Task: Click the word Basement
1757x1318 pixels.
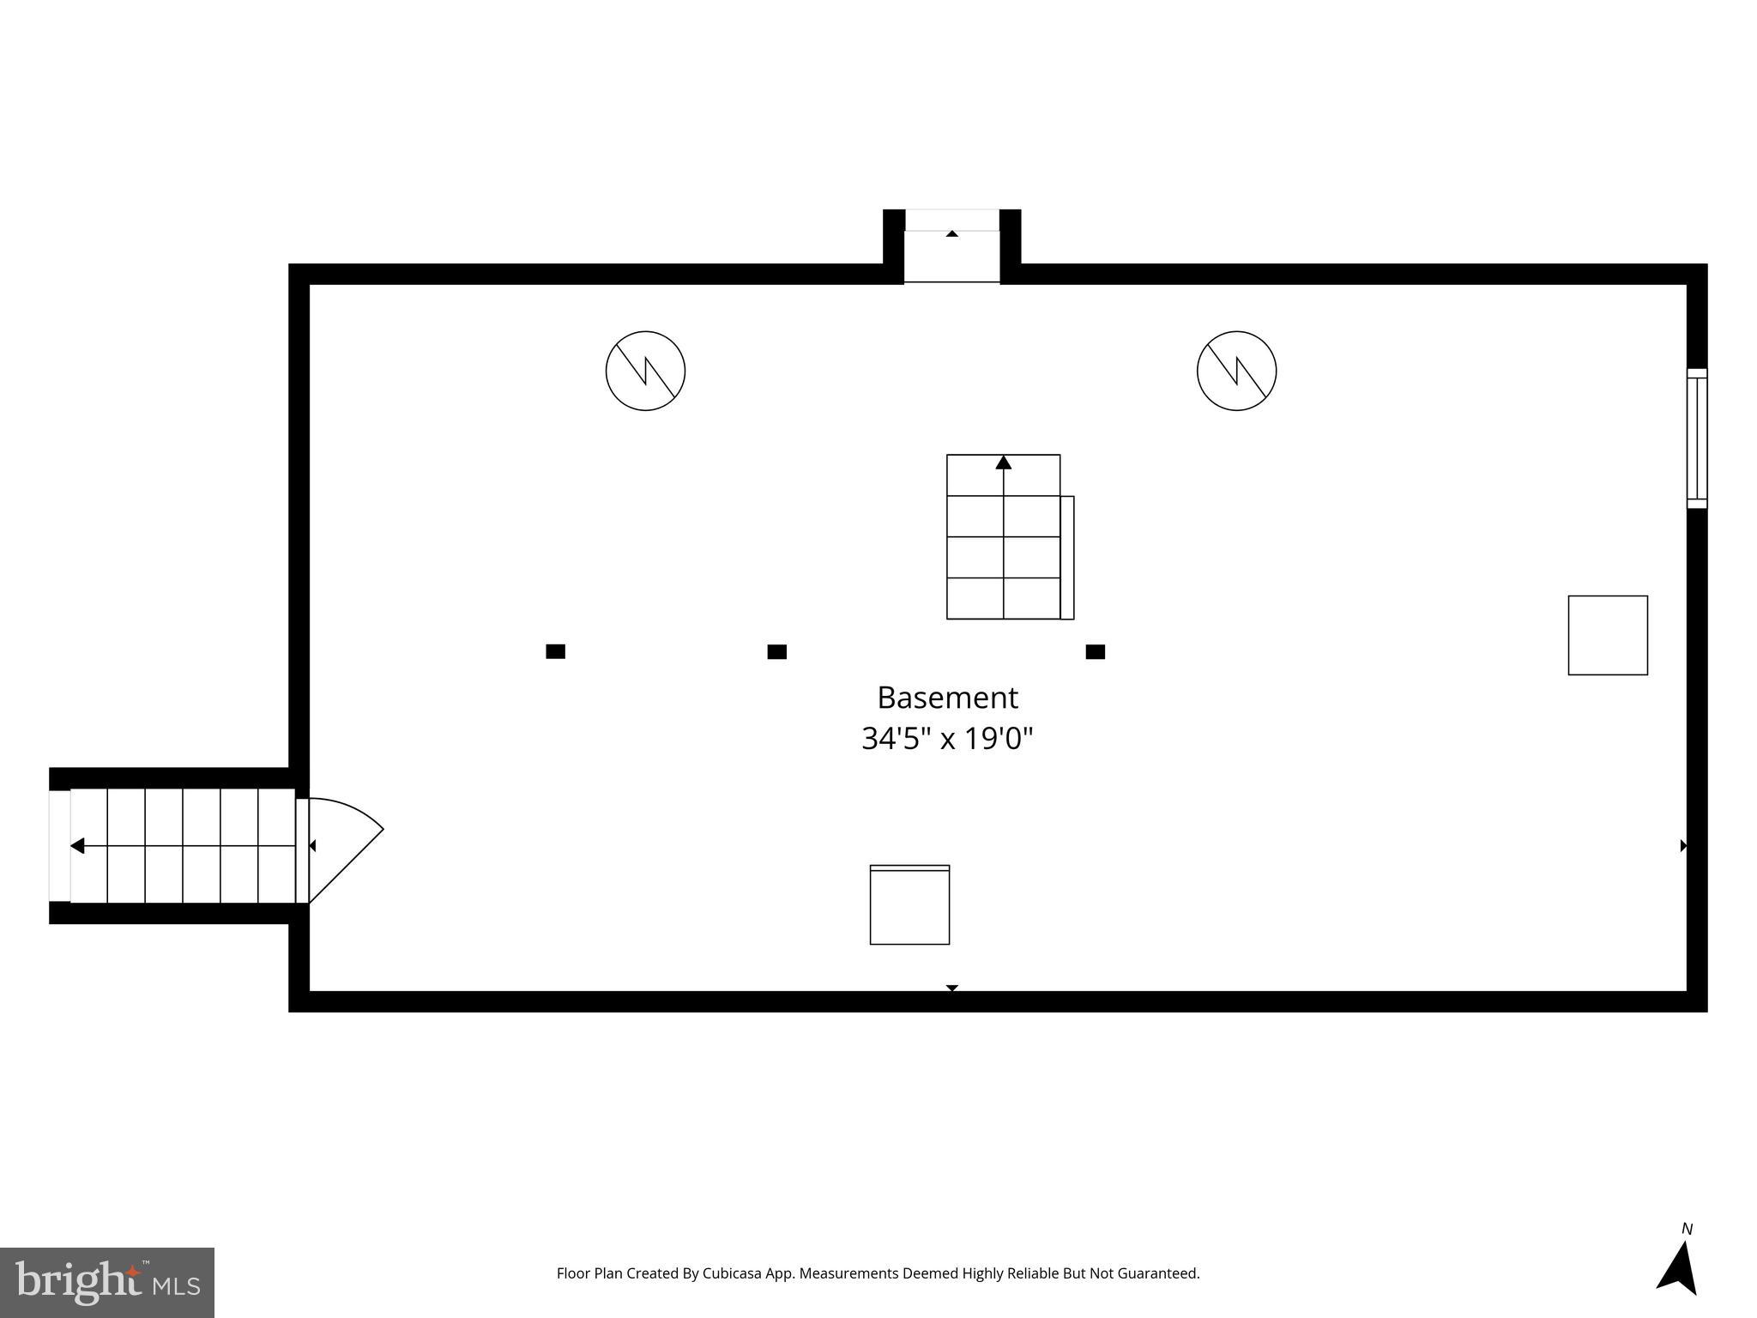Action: click(x=947, y=698)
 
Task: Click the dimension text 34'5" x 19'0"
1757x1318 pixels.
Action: click(x=947, y=738)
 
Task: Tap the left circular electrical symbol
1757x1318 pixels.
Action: click(x=645, y=371)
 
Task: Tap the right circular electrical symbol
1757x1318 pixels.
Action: click(x=1236, y=371)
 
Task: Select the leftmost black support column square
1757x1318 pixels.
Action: click(x=555, y=651)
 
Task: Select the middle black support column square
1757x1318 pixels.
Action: click(x=776, y=651)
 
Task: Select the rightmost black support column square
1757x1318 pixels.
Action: click(x=1095, y=651)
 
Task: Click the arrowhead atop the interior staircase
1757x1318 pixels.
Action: click(x=1003, y=463)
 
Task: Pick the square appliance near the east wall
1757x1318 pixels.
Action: click(x=1607, y=635)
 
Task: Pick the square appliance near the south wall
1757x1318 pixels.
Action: click(x=909, y=904)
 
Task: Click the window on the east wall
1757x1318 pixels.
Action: click(x=1696, y=438)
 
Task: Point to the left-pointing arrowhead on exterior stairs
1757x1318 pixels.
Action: click(x=77, y=846)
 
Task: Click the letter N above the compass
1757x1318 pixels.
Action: click(x=1687, y=1229)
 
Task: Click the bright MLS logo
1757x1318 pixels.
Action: click(x=106, y=1282)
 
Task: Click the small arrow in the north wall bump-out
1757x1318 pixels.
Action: click(x=951, y=233)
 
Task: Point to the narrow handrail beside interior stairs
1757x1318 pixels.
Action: click(x=1067, y=557)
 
